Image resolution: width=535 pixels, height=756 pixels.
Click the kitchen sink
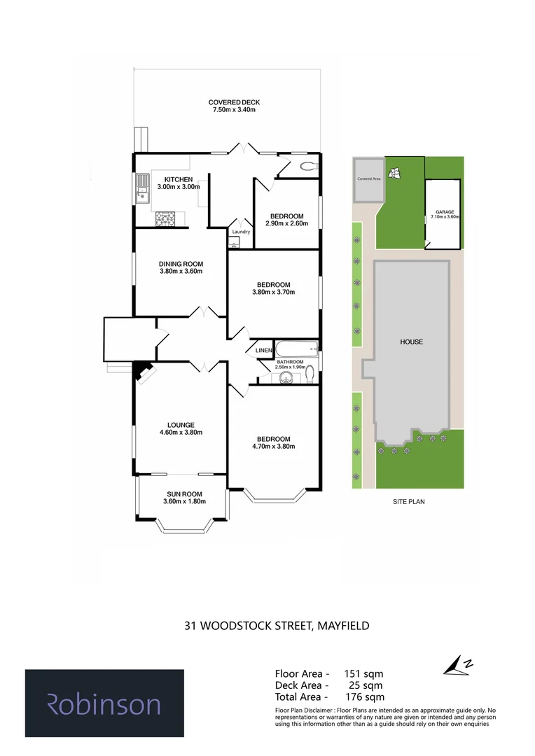pos(142,188)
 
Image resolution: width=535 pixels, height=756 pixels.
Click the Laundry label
pos(241,232)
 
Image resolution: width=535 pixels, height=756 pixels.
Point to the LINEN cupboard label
pos(263,350)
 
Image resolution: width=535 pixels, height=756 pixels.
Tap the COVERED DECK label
pos(235,101)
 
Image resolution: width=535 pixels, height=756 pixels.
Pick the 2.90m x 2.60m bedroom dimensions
pos(285,223)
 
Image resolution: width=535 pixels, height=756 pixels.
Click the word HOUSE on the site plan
pos(411,342)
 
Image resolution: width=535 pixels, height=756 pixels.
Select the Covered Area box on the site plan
pos(368,179)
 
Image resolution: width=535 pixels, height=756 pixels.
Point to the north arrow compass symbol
pos(459,666)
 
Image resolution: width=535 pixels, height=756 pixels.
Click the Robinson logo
pos(104,703)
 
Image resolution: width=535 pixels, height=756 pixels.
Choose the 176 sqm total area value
pos(365,696)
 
